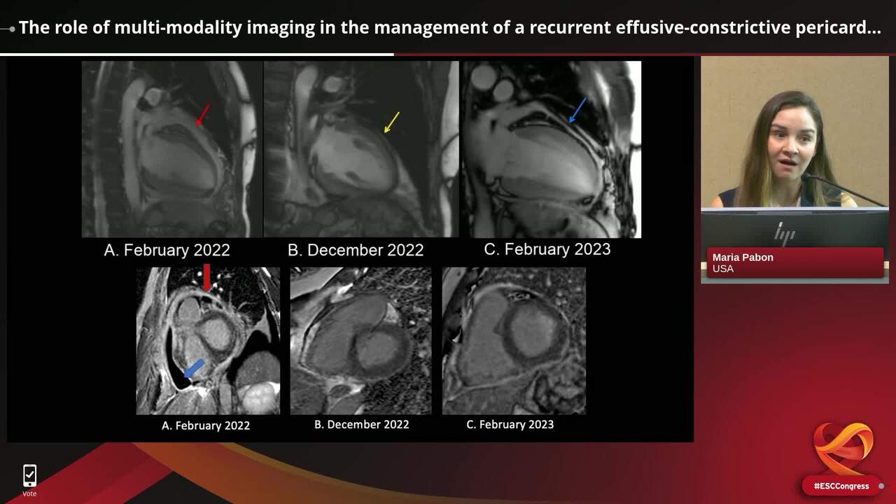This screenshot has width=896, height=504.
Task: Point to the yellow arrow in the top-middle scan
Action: coord(392,122)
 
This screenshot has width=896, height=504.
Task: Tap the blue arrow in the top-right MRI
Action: coord(577,110)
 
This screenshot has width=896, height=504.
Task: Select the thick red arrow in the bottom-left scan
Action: coord(206,277)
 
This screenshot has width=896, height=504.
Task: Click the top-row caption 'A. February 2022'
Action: coord(167,250)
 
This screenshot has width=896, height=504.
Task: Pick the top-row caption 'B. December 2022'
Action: coord(356,250)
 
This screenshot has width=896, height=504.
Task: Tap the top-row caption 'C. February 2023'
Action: coord(547,248)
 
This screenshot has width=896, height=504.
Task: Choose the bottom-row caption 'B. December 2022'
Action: coord(361,424)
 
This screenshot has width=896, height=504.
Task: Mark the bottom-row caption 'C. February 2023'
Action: coord(510,424)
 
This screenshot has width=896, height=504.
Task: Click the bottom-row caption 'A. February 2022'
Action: coord(206,425)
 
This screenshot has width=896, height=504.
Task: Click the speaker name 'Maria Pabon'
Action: coord(743,257)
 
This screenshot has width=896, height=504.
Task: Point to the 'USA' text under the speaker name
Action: coord(723,269)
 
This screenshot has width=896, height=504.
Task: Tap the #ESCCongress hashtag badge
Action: coord(841,486)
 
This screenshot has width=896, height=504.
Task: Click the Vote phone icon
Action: coord(29,476)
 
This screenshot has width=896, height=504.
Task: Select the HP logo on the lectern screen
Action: coord(785,233)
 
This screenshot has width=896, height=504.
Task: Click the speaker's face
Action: coord(791,143)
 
